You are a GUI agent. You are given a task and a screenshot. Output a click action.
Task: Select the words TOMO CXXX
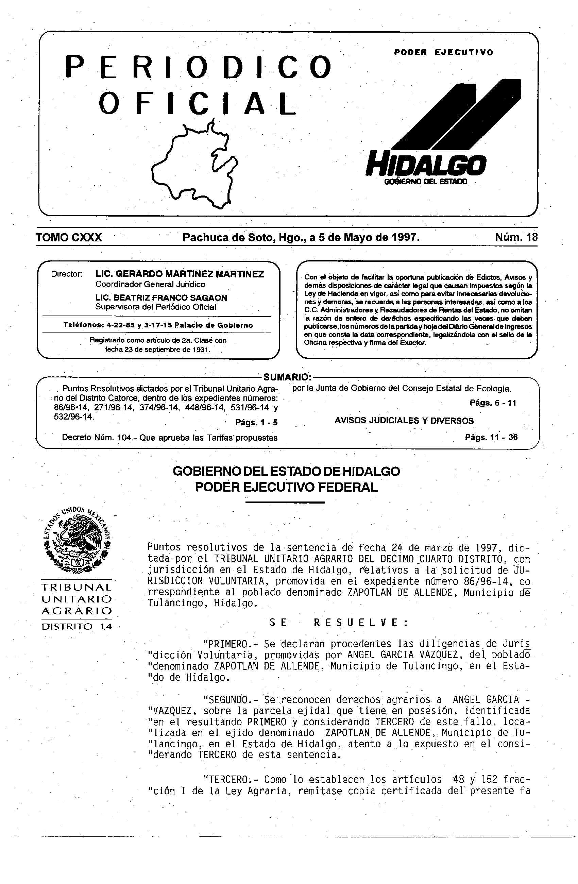(x=69, y=237)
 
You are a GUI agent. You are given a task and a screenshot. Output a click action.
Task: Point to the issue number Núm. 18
(x=516, y=237)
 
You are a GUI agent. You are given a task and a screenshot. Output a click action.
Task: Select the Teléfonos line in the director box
(x=158, y=325)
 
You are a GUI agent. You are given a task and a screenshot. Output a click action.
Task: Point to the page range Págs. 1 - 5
(x=256, y=423)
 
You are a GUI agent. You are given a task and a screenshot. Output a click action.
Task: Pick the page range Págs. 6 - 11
(x=493, y=403)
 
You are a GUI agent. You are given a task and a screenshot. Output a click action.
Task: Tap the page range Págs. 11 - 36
(x=491, y=437)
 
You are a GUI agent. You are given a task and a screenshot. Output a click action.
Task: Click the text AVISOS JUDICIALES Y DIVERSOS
(x=404, y=421)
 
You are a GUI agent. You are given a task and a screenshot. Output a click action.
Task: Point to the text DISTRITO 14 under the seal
(x=76, y=627)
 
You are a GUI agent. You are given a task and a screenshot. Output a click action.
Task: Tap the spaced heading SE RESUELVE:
(x=338, y=623)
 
